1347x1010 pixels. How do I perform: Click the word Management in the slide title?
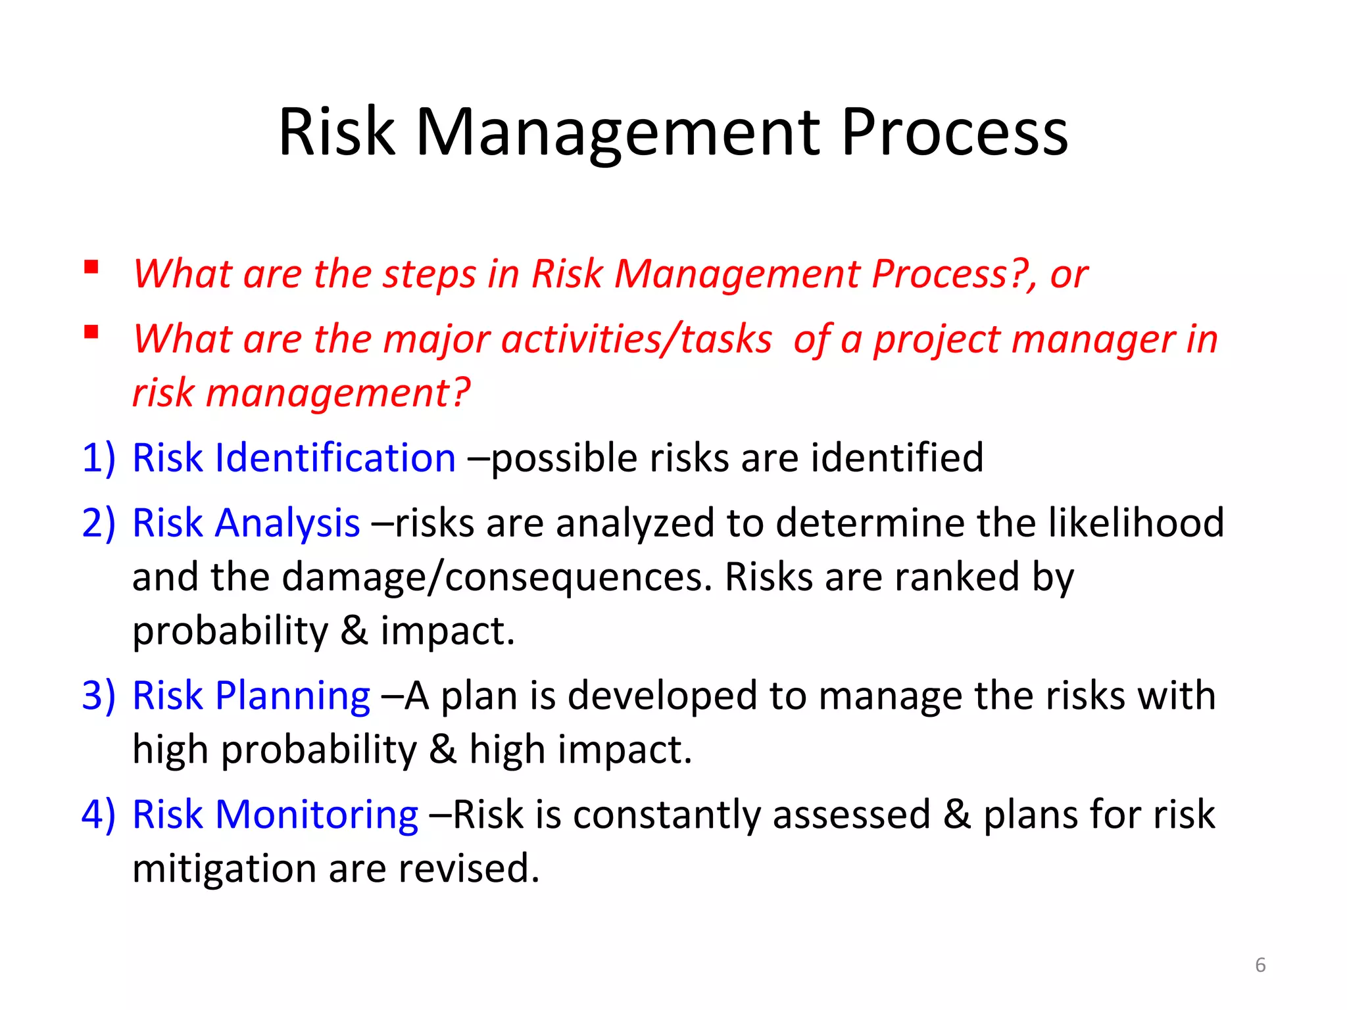618,133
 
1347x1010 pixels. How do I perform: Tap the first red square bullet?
91,267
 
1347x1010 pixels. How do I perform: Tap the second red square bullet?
91,332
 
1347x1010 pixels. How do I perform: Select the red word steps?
429,274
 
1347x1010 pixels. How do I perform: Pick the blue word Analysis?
287,524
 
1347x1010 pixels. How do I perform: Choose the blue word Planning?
293,696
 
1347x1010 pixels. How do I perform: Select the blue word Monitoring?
316,815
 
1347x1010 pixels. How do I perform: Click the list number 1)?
99,458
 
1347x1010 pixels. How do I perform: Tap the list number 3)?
99,696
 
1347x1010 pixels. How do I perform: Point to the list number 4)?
99,815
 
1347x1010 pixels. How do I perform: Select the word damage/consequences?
497,578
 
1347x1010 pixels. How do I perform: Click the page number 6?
1260,965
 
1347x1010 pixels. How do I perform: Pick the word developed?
662,696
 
